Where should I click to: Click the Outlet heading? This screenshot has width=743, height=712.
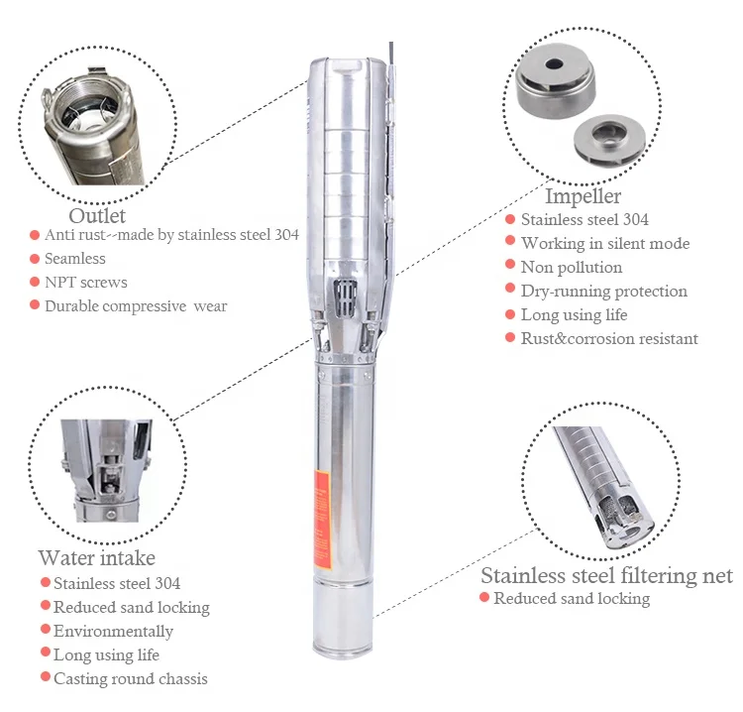pos(97,215)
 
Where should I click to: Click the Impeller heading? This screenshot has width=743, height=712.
pos(583,196)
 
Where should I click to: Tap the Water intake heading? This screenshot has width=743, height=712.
pos(96,558)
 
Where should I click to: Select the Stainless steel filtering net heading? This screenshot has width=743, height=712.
pos(606,576)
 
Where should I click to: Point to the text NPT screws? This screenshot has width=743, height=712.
pos(86,283)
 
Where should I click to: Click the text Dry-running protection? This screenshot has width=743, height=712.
pos(603,292)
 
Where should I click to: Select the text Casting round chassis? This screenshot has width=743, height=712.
pos(130,679)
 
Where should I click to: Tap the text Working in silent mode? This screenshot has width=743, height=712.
pos(604,244)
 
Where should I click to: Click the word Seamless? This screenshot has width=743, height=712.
pos(75,259)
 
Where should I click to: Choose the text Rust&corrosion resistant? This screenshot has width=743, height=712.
pos(609,339)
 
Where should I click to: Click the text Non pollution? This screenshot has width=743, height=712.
pos(572,268)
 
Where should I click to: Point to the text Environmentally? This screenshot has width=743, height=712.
pos(113,632)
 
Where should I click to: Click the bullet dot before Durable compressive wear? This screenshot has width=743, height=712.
pos(33,306)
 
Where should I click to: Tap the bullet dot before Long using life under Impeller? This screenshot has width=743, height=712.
pos(509,315)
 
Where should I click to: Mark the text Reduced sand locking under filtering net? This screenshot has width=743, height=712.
pos(572,599)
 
